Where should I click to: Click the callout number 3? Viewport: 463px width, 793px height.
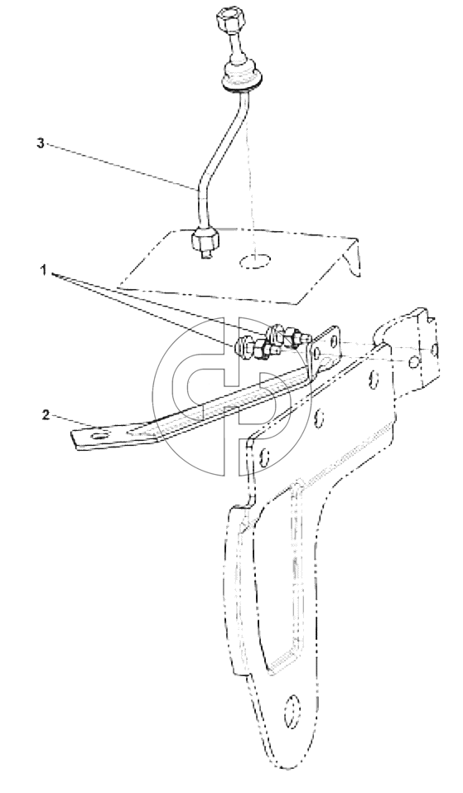(41, 143)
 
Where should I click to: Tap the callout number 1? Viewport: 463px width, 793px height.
(44, 271)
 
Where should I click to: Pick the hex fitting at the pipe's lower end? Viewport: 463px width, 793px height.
(204, 239)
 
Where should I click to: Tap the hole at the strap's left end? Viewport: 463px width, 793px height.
(100, 434)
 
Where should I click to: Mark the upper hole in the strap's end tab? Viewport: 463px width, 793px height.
(333, 341)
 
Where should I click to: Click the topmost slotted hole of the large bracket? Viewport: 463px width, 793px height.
(374, 379)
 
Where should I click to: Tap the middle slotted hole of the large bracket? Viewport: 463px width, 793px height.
(318, 416)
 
